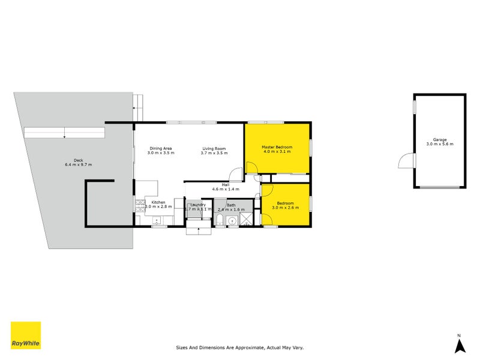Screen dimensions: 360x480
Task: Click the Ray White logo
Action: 26,335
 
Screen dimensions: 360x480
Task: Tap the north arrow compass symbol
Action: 459,345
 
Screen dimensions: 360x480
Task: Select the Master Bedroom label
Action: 277,147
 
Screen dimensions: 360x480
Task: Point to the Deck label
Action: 78,160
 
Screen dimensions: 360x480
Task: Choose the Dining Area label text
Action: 161,148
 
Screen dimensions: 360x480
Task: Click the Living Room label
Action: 214,148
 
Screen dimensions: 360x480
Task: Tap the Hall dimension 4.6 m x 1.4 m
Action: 226,190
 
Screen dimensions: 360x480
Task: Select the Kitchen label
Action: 158,202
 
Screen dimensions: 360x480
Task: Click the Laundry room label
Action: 197,205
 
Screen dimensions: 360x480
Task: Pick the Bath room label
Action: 231,205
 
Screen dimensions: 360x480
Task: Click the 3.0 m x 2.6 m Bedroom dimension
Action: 286,207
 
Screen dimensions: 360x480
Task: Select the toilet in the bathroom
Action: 220,218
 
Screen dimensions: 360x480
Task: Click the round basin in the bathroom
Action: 232,220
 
